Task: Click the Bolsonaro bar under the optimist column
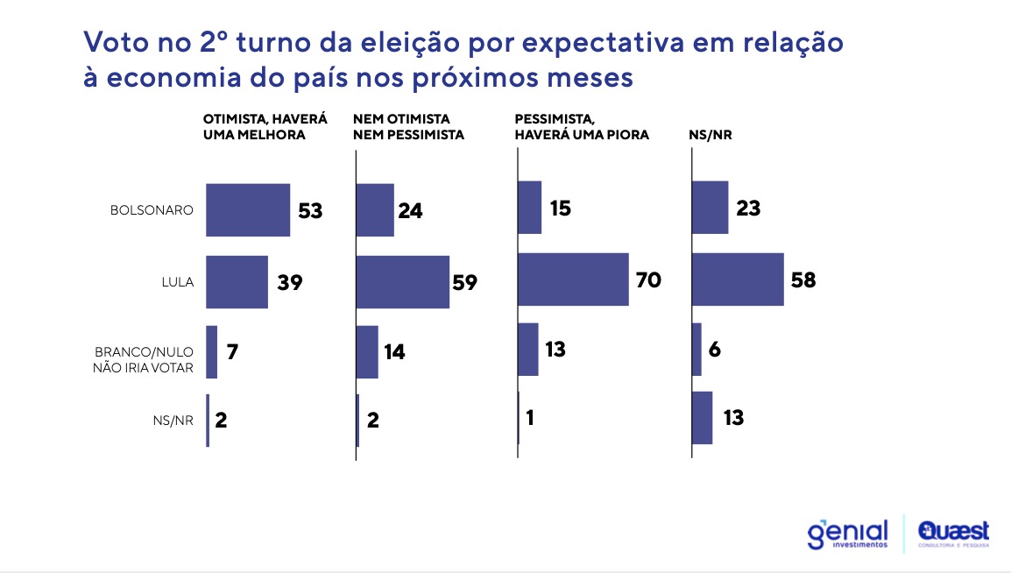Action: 248,210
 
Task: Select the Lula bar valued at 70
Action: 573,279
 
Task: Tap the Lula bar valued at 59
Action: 402,282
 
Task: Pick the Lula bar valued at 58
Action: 738,279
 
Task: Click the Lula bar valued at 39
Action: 237,282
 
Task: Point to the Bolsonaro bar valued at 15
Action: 529,208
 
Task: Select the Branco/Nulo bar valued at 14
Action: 367,351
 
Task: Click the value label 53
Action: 310,211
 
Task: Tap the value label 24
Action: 410,211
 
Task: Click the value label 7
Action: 231,352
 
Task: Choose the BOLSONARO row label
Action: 151,211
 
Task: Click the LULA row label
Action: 178,282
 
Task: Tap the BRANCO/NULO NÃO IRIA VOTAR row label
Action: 143,359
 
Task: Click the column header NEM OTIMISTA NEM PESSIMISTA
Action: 407,126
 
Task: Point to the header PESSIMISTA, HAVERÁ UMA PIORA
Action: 582,126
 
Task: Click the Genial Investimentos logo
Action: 847,534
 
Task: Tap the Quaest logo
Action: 953,534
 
